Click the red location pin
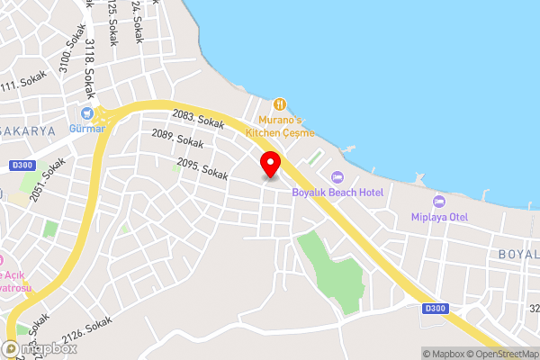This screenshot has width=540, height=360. click(270, 165)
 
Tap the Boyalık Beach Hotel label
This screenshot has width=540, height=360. click(337, 193)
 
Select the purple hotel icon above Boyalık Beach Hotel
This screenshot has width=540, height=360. click(337, 177)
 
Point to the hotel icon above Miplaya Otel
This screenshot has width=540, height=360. click(439, 201)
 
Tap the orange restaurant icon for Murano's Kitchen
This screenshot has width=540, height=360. click(280, 104)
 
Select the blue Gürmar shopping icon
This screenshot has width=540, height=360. click(87, 113)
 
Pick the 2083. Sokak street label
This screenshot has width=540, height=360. click(198, 117)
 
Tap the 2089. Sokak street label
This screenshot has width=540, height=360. click(177, 139)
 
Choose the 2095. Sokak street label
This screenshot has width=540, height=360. click(202, 167)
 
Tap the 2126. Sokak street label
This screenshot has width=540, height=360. click(88, 330)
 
